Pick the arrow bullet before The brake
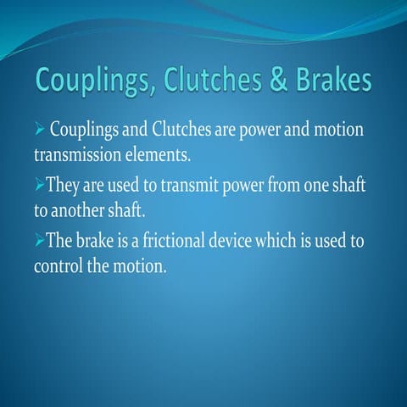tap(39, 242)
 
